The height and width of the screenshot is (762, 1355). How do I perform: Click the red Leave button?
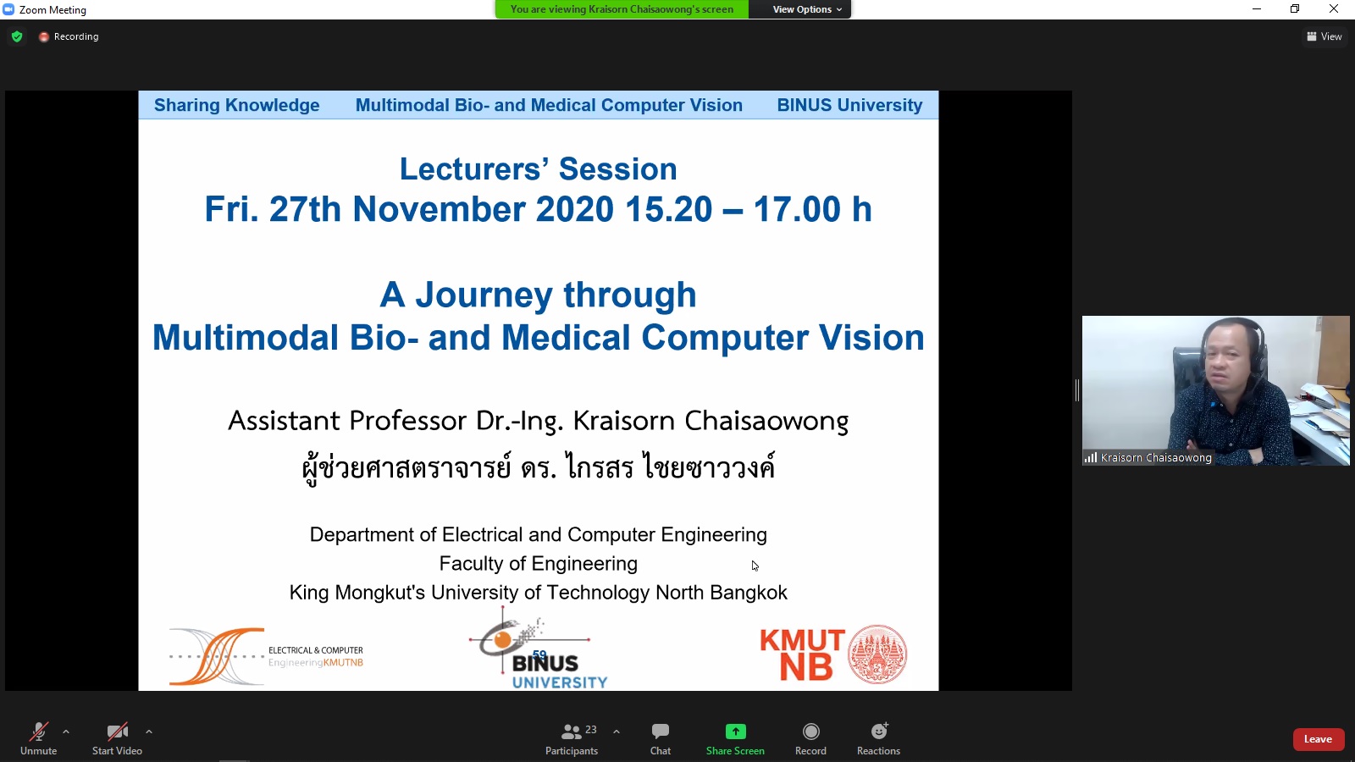click(x=1318, y=739)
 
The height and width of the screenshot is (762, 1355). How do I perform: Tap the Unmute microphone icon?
click(x=39, y=732)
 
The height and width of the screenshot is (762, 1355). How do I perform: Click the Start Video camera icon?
click(x=118, y=732)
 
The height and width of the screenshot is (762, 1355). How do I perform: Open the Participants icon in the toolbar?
click(x=571, y=732)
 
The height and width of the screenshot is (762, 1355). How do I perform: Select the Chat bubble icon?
click(x=660, y=732)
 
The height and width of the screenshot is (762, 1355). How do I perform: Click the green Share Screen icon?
click(x=736, y=732)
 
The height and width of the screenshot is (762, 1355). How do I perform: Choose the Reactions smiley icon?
click(x=879, y=732)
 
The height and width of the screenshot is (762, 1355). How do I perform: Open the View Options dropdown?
click(x=807, y=9)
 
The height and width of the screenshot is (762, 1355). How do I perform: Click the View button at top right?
click(x=1325, y=36)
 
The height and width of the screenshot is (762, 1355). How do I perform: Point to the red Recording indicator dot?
click(x=43, y=37)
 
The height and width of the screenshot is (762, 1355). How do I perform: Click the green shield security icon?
click(x=17, y=36)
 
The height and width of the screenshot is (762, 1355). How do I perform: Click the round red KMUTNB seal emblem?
click(x=877, y=654)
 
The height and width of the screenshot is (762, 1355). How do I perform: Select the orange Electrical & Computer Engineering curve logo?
click(x=217, y=657)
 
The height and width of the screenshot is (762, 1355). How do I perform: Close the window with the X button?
click(x=1333, y=8)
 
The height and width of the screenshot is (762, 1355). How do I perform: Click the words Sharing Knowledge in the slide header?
click(x=236, y=105)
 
